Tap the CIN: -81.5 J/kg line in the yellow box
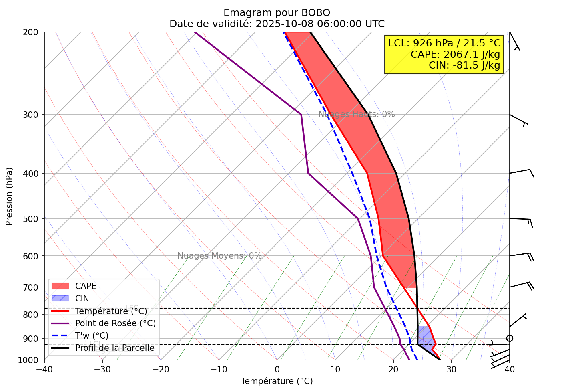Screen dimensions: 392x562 click(464, 65)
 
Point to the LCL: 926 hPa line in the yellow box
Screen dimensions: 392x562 click(444, 43)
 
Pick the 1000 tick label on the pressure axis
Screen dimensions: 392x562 click(31, 360)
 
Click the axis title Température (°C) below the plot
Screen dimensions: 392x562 click(277, 381)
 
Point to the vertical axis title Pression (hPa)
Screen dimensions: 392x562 click(10, 196)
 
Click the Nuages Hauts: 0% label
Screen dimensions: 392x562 click(356, 114)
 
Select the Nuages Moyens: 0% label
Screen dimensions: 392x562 click(219, 256)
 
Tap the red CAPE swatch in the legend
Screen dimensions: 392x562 click(60, 286)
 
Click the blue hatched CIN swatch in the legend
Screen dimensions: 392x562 click(60, 298)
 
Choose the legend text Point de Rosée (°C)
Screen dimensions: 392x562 click(115, 323)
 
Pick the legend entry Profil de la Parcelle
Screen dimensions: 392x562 click(114, 348)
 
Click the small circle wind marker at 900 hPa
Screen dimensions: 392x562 click(509, 339)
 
